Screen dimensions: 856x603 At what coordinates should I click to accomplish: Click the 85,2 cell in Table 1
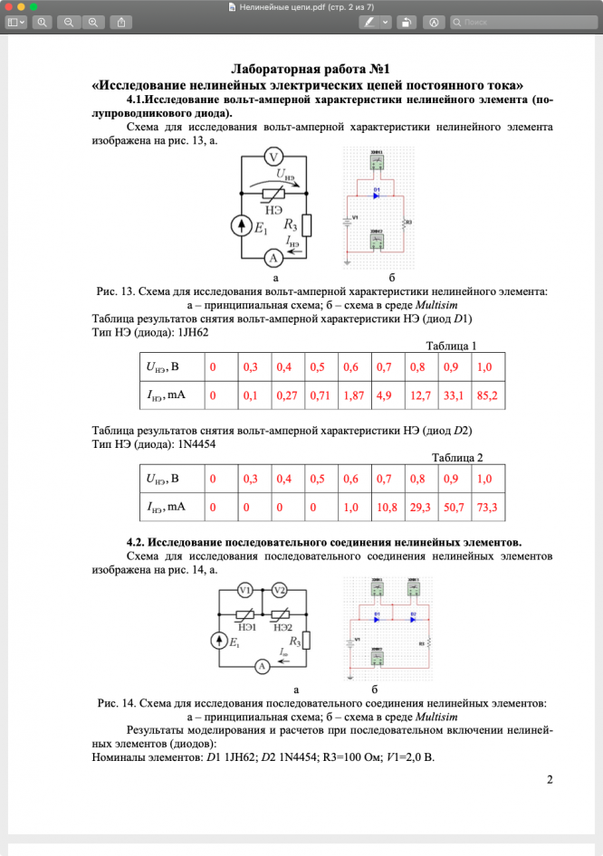pyautogui.click(x=487, y=395)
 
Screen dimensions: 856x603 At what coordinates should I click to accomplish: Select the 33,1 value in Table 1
pyautogui.click(x=455, y=395)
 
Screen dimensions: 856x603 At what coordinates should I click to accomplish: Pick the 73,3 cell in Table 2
pyautogui.click(x=487, y=508)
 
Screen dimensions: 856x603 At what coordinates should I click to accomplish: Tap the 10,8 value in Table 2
pyautogui.click(x=388, y=508)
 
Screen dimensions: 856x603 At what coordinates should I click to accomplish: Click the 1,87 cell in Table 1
pyautogui.click(x=354, y=395)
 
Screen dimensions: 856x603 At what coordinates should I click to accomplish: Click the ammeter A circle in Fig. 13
pyautogui.click(x=273, y=259)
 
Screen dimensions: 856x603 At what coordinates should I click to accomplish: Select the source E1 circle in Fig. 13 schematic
pyautogui.click(x=242, y=226)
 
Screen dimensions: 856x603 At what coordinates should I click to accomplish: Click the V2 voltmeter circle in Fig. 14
pyautogui.click(x=279, y=591)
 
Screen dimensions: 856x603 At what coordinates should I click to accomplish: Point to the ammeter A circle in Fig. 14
pyautogui.click(x=262, y=666)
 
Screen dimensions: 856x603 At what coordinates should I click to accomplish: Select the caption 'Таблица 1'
pyautogui.click(x=451, y=345)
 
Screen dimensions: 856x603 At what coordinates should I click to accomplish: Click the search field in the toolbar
pyautogui.click(x=521, y=21)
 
